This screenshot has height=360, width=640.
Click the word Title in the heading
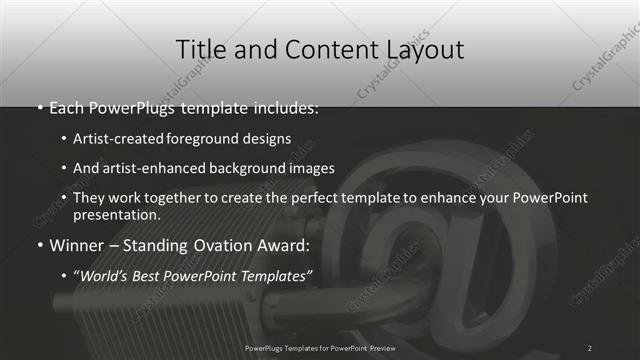click(x=199, y=50)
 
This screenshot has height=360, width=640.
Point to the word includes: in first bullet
click(x=285, y=106)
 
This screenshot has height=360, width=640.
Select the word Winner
click(x=75, y=243)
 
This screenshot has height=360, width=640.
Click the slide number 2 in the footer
click(x=590, y=348)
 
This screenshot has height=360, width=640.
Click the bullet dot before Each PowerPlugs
click(x=39, y=107)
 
